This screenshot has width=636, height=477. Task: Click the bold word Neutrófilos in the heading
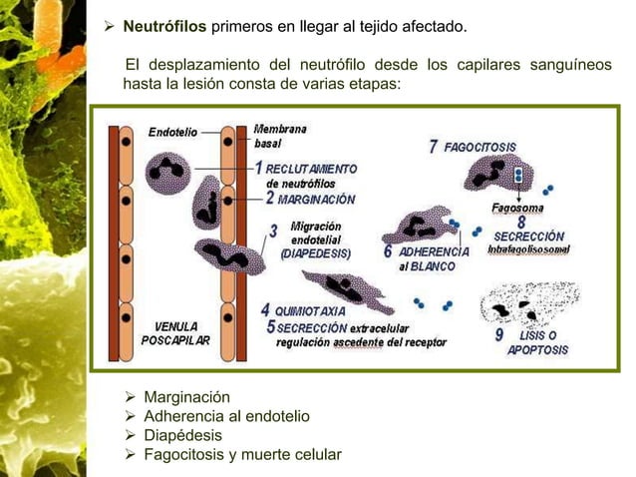point(164,24)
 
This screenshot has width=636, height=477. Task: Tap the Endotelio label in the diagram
point(172,132)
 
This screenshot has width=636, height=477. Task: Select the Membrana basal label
point(280,136)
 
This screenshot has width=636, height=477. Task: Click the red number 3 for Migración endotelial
point(273,232)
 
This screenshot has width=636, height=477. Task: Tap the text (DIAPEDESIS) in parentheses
point(315,253)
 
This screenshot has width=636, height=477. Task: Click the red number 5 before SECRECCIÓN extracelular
point(270,326)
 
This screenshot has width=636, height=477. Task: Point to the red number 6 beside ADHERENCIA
point(388,251)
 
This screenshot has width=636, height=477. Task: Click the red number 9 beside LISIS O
point(499,335)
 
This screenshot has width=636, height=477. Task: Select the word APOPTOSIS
point(538,350)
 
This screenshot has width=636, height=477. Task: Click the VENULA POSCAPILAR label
point(180,333)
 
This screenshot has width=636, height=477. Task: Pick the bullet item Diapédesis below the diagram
point(183,436)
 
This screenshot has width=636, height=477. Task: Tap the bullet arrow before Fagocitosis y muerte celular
point(128,456)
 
